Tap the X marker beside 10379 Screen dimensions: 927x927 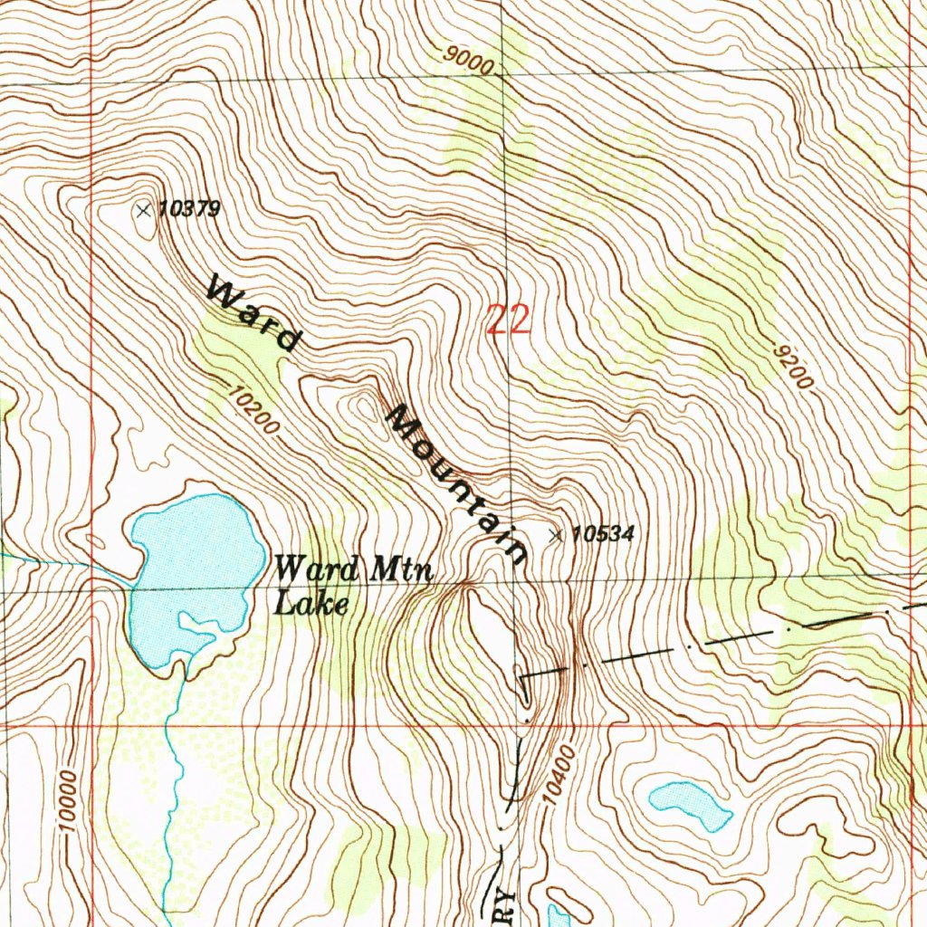click(x=142, y=211)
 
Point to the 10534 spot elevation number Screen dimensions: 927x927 click(x=603, y=535)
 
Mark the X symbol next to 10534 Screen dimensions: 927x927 click(x=556, y=536)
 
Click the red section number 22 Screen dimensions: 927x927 click(x=508, y=320)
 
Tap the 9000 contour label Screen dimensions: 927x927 click(x=470, y=61)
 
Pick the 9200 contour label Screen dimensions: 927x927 click(x=793, y=366)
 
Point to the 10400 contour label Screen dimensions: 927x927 click(x=559, y=775)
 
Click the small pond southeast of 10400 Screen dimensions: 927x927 click(x=690, y=803)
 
